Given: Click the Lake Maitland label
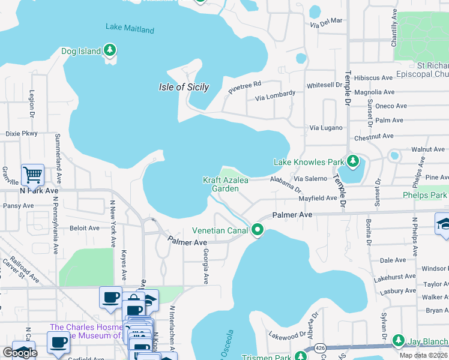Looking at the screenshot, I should (x=130, y=29).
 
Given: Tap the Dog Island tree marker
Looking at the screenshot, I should (x=110, y=51).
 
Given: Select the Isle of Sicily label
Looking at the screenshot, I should (x=184, y=87).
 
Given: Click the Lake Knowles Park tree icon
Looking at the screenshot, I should (x=353, y=162).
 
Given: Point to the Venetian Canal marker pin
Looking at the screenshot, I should (x=258, y=230).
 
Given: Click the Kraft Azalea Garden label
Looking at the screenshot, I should (x=225, y=184).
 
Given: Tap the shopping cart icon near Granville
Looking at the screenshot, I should (x=32, y=175).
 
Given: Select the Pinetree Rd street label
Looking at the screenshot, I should (x=244, y=88).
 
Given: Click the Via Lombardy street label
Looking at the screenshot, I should (x=275, y=95).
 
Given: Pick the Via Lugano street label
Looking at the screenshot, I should (x=326, y=128).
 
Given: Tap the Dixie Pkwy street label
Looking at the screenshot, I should (x=22, y=134).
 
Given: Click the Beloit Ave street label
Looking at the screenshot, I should (x=85, y=228).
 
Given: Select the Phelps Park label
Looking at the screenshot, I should (x=425, y=195).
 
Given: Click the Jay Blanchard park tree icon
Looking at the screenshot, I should (x=397, y=341).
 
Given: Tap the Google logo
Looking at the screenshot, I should (x=20, y=353).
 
